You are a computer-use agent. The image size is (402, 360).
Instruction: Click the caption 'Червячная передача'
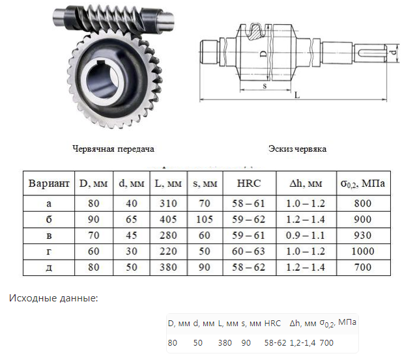pos(113,149)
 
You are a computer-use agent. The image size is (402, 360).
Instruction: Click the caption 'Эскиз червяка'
pos(297,149)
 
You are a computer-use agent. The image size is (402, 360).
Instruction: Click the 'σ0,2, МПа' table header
pos(363,184)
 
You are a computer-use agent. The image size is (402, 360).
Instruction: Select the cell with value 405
pos(167,219)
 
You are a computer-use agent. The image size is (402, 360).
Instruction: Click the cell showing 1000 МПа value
pos(363,251)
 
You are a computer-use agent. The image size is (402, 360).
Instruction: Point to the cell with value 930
pos(363,235)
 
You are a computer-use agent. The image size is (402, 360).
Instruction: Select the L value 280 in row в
pos(167,235)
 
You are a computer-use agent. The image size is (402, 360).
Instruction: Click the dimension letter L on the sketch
pos(296,95)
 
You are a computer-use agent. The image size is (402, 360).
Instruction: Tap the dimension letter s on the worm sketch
pos(264,85)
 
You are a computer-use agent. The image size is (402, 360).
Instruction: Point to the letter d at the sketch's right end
pos(394,51)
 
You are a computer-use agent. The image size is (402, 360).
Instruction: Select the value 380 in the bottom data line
pos(225,342)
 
